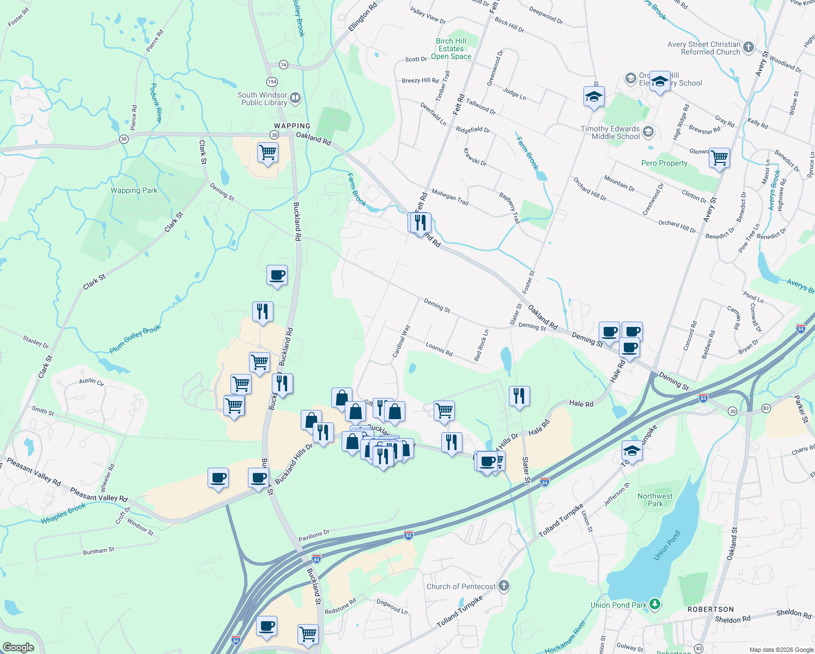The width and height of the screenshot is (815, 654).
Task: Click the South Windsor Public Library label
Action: point(263,99)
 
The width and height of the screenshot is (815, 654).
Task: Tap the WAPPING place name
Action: point(292,126)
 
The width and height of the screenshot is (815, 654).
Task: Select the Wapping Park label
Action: point(134,191)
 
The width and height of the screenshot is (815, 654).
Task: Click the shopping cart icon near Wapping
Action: point(267,153)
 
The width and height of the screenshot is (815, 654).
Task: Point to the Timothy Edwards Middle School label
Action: point(610,132)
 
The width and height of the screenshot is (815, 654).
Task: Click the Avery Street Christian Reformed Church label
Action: point(704,48)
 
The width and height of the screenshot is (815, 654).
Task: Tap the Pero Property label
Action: point(664,163)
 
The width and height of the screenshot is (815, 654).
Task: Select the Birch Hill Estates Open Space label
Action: point(451,49)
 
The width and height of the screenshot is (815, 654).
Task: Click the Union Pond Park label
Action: point(619,605)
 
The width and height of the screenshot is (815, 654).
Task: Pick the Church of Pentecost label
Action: point(461,586)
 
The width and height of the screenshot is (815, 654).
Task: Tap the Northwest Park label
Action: point(655,500)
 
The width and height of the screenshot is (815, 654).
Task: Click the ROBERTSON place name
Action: point(710,609)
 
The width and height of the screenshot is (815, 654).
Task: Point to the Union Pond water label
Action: point(667,545)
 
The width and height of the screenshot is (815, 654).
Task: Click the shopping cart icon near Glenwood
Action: point(720,158)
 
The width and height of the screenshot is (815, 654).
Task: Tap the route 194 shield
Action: point(272,82)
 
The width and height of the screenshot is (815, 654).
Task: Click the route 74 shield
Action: point(283,65)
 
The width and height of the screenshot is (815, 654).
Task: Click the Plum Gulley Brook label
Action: point(135,339)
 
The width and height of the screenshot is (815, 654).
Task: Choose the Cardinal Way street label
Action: point(401,342)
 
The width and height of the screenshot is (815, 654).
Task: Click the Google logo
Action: point(18,647)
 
